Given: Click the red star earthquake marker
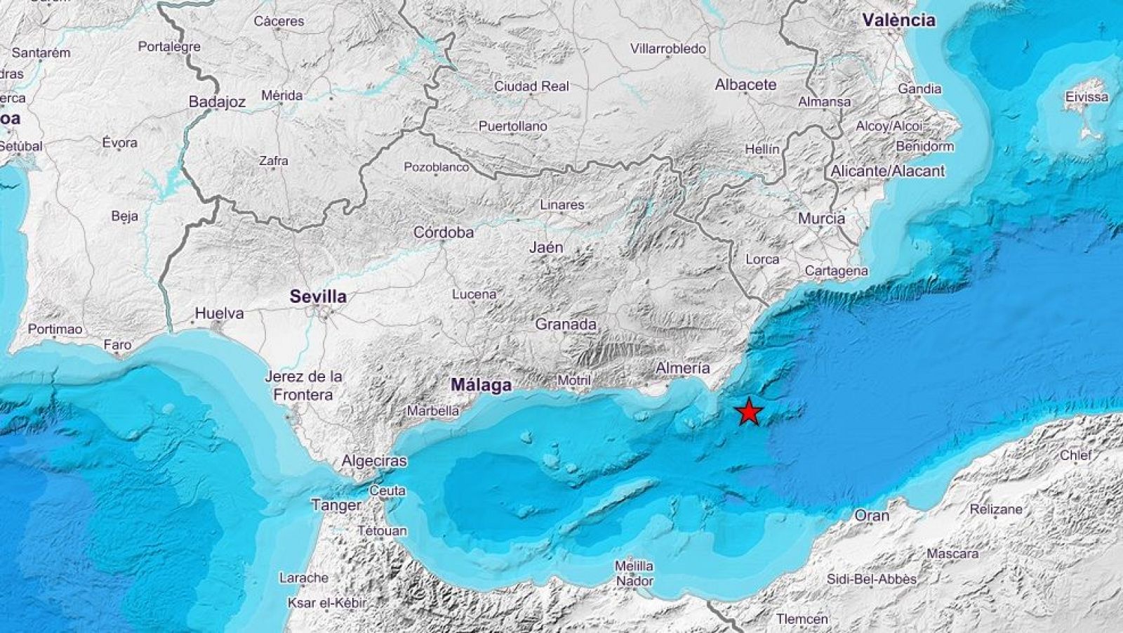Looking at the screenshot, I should click(749, 412).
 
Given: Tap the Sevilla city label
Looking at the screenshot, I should click(319, 296).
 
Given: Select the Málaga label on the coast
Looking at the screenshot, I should click(481, 385).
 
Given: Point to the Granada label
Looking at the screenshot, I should click(566, 325).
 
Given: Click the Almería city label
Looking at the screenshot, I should click(682, 367).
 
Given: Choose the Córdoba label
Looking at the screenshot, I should click(443, 232).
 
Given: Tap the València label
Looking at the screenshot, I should click(899, 20).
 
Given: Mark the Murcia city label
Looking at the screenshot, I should click(821, 218).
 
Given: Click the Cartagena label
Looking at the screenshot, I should click(836, 270).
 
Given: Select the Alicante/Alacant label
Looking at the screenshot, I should click(887, 171).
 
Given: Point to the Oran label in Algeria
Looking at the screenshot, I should click(872, 516).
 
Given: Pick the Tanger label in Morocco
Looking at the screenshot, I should click(336, 505).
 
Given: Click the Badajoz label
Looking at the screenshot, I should click(217, 102).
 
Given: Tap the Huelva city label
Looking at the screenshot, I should click(219, 313).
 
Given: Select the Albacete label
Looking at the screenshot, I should click(745, 84).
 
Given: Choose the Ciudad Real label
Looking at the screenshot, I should click(531, 86).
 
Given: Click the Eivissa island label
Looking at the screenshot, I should click(1087, 97).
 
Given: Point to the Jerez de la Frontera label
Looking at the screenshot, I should click(303, 386).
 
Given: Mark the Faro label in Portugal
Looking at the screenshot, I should click(117, 345).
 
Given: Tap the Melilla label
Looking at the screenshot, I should click(634, 566).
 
